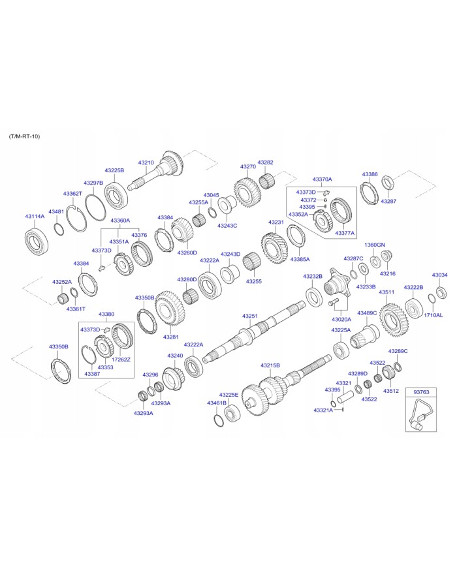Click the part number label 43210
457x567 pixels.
pos(146,162)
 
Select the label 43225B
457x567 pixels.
pos(114,170)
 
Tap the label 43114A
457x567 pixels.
pos(35,216)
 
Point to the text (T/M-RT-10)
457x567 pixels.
pos(24,136)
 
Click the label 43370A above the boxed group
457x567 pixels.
pos(322,179)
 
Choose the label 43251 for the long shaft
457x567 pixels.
pos(250,316)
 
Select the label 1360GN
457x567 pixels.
pos(375,245)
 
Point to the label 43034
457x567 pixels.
pos(440,275)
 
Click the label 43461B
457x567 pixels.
pos(217,403)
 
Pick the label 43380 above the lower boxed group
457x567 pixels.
pos(106,314)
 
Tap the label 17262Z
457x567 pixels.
pos(121,360)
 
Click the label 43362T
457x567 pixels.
pos(72,194)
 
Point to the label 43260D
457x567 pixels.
pos(187,253)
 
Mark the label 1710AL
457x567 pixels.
pos(433,315)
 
